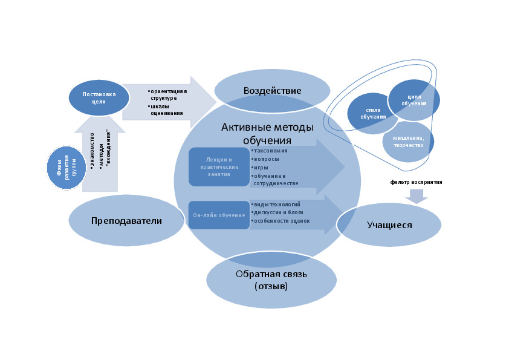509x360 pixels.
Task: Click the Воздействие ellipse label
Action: click(x=272, y=91)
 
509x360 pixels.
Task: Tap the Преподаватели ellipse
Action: click(x=126, y=221)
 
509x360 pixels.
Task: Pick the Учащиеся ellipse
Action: click(x=389, y=225)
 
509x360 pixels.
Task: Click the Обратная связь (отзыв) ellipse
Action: click(x=271, y=279)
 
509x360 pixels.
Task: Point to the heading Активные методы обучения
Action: click(x=267, y=133)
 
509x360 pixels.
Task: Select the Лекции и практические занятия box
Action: click(x=218, y=166)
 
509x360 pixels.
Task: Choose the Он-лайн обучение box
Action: click(x=218, y=214)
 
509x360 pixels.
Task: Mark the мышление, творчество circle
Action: click(x=408, y=142)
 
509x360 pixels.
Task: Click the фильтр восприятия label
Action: click(x=417, y=182)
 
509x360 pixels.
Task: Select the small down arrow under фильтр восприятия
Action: click(x=417, y=195)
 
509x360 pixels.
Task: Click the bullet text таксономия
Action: click(x=270, y=150)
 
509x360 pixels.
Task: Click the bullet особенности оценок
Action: click(x=281, y=221)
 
